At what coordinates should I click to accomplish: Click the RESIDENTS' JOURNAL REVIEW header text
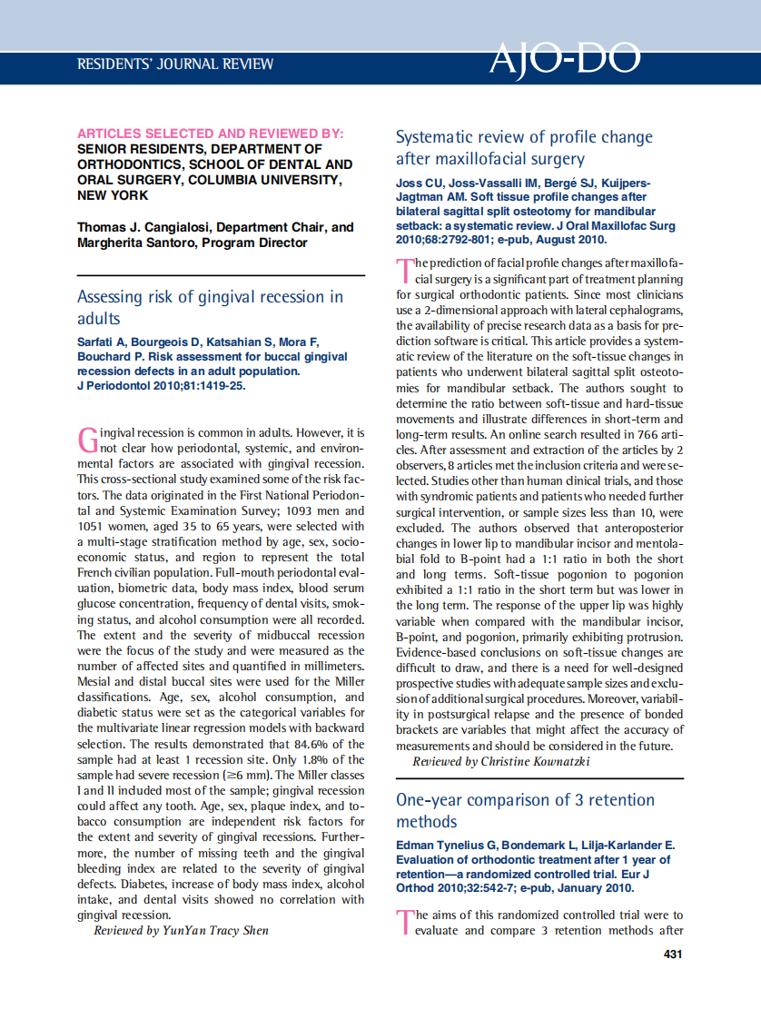pyautogui.click(x=175, y=64)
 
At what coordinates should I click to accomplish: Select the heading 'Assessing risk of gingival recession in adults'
pyautogui.click(x=210, y=308)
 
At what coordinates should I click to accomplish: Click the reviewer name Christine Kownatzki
pyautogui.click(x=535, y=761)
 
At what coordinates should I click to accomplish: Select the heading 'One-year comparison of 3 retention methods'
pyautogui.click(x=525, y=811)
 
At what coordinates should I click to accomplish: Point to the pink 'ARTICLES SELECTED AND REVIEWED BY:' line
pyautogui.click(x=210, y=134)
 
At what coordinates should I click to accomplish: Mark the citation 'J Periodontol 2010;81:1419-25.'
pyautogui.click(x=161, y=385)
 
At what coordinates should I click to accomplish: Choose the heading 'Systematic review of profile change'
pyautogui.click(x=524, y=137)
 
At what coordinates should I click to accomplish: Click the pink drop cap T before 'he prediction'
pyautogui.click(x=404, y=271)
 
